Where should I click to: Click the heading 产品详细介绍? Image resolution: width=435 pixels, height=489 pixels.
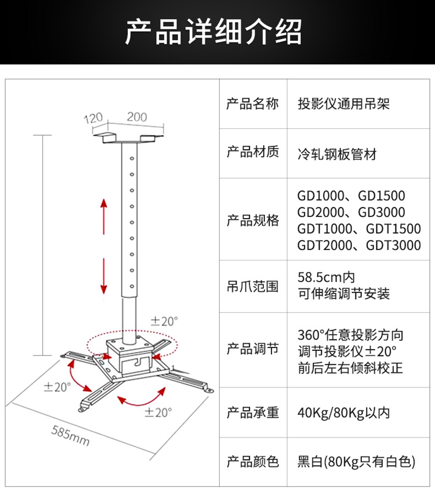[x=213, y=32]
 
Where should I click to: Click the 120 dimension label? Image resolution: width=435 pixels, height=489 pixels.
[x=93, y=118]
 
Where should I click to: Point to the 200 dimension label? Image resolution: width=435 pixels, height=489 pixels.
[x=137, y=117]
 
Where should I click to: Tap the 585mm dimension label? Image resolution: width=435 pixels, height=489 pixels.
[x=70, y=436]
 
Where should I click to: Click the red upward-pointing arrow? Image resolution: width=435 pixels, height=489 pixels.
[x=104, y=216]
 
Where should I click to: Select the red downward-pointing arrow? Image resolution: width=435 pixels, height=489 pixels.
[x=104, y=276]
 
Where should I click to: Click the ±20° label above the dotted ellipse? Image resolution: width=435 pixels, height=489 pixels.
[x=164, y=321]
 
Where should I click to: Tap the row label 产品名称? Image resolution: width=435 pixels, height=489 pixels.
[x=252, y=104]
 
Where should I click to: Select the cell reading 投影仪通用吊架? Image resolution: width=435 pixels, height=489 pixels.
[x=343, y=104]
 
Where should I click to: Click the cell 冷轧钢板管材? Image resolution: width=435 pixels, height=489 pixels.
[x=337, y=154]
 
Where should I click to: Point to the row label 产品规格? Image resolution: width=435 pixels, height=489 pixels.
[x=252, y=220]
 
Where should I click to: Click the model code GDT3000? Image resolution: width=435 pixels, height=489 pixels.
[x=393, y=245]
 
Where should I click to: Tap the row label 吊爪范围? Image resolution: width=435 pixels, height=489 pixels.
[x=252, y=287]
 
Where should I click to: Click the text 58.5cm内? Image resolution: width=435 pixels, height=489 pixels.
[x=326, y=277]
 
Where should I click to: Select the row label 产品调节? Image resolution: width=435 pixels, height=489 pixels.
[x=252, y=349]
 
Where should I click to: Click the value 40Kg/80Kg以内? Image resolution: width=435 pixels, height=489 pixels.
[x=343, y=413]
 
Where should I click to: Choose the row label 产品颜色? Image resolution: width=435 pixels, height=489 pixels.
[x=252, y=462]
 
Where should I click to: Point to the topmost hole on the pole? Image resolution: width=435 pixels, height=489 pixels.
[x=132, y=158]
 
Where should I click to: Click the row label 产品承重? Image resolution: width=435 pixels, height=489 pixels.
[x=252, y=413]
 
